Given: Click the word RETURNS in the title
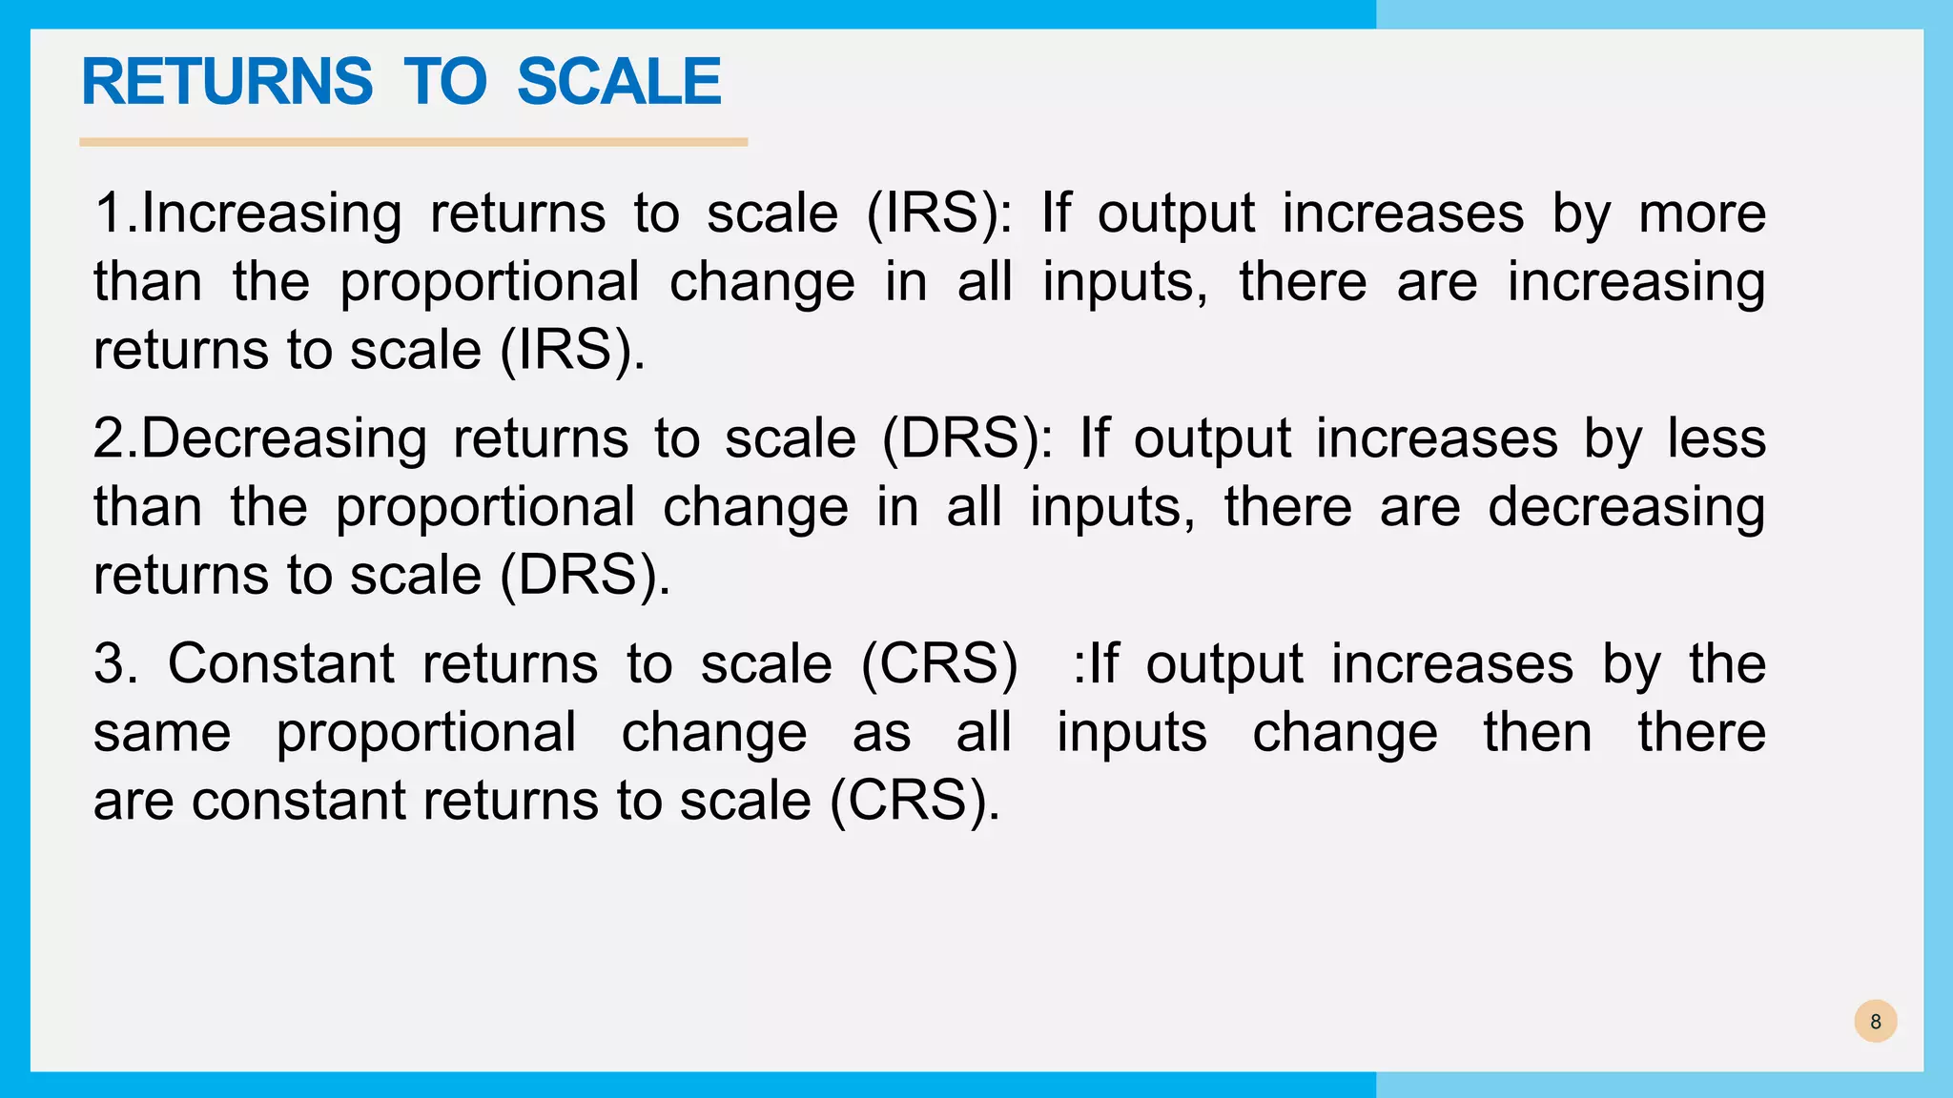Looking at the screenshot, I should [x=227, y=82].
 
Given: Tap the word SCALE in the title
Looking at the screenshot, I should [x=619, y=82].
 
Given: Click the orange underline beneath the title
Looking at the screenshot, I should [x=413, y=142].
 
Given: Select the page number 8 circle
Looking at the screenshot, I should [x=1875, y=1022].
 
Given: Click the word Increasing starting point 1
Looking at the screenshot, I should [x=271, y=213].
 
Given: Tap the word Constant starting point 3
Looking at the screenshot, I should [x=280, y=663].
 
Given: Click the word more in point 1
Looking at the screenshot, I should [x=1701, y=213].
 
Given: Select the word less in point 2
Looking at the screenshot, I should [x=1716, y=439].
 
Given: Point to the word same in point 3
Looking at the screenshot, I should [x=162, y=733].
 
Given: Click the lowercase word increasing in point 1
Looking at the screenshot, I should [x=1635, y=283].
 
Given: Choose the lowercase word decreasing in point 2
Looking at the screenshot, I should [x=1626, y=508].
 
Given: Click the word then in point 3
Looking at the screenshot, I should [x=1537, y=733].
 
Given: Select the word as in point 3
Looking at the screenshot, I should [x=880, y=733].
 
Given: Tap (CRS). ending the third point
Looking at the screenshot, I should [x=915, y=801].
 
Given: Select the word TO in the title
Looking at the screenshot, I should [x=444, y=82].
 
